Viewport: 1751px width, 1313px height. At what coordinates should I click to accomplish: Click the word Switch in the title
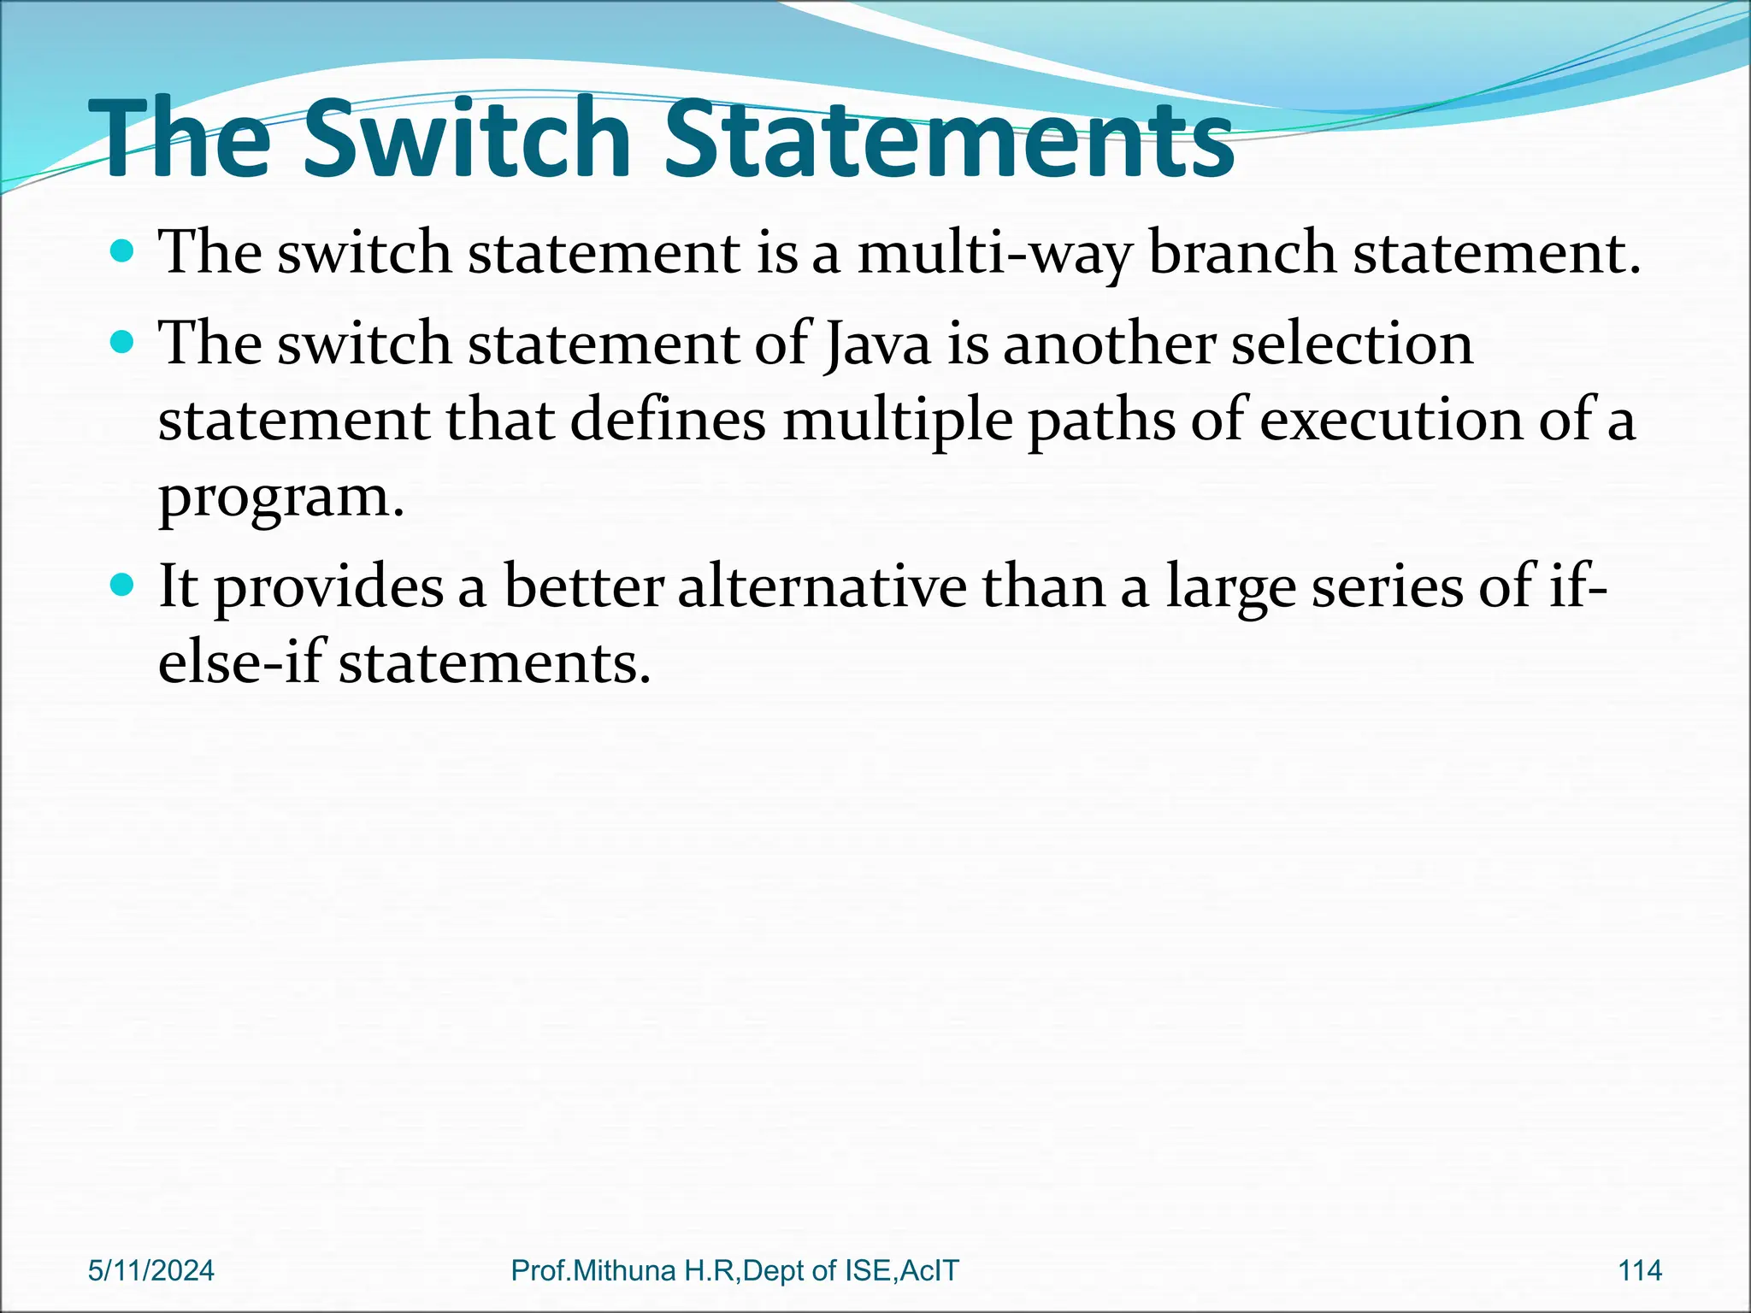467,139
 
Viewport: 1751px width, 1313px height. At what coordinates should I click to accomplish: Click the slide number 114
1640,1270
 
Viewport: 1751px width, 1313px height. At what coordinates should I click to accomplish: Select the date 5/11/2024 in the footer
151,1270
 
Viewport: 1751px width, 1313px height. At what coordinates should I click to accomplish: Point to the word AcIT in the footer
929,1270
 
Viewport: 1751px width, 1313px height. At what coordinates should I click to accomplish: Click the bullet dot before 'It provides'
123,586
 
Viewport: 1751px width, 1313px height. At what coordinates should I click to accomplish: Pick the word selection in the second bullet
1352,344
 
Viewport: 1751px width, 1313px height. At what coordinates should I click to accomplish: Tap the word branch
1241,254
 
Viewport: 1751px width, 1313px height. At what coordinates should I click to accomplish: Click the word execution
1391,421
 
